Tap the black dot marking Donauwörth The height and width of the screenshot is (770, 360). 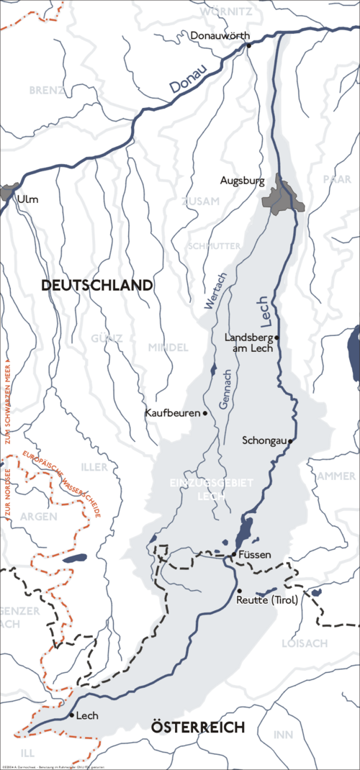coord(248,45)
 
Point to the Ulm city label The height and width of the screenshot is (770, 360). coord(28,199)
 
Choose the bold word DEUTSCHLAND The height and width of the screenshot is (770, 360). coord(97,286)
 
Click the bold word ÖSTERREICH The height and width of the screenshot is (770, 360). coord(198,728)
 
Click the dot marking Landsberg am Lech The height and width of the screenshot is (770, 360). coord(276,337)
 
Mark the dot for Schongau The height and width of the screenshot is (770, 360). coord(290,440)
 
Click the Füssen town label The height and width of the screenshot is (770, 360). coord(255,555)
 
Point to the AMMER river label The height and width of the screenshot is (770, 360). coord(336,476)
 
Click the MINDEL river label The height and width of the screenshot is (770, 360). coord(168,348)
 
